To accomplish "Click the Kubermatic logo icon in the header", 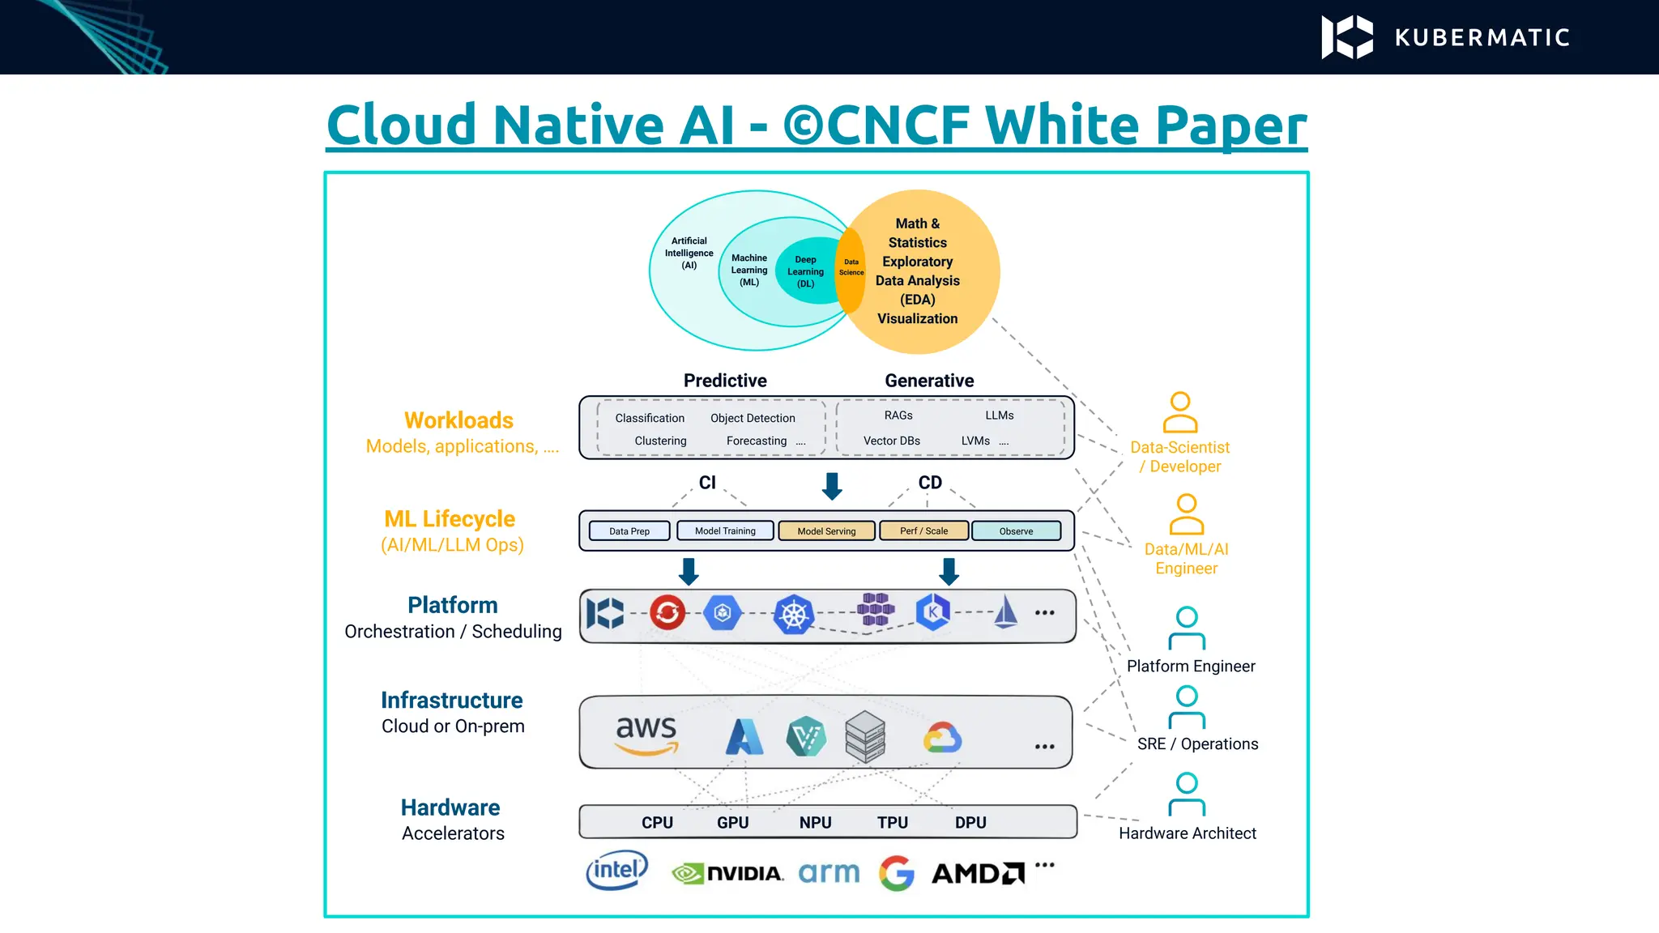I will tap(1347, 37).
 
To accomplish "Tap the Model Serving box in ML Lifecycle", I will tap(826, 531).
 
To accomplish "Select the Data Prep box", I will tap(629, 531).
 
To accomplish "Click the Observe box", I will tap(1016, 531).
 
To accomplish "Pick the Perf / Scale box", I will tap(923, 531).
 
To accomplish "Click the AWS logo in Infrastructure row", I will tap(646, 734).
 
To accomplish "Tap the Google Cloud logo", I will tap(942, 738).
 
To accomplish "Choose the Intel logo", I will tap(617, 871).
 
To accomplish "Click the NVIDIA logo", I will tap(727, 873).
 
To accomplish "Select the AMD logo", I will tap(978, 873).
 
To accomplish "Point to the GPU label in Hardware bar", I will tap(732, 822).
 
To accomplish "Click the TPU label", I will tap(892, 822).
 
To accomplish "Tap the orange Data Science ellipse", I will tap(851, 269).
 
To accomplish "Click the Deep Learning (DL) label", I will tap(805, 271).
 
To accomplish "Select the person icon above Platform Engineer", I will tap(1187, 628).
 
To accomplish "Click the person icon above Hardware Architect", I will tap(1187, 794).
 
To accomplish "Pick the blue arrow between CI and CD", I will tap(832, 486).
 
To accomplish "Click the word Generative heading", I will tap(929, 381).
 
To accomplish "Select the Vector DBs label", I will tap(891, 441).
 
